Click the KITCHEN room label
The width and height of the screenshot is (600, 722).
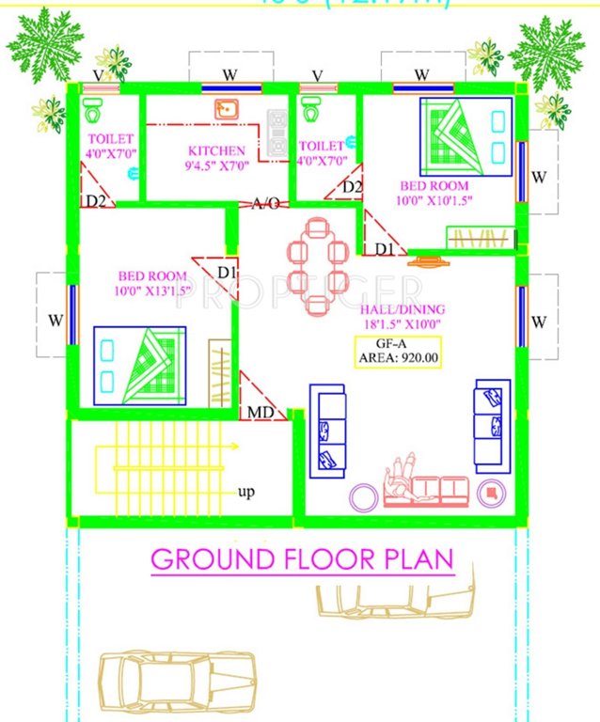(216, 150)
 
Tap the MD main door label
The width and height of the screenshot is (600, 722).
(261, 413)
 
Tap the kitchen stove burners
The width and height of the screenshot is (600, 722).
(276, 132)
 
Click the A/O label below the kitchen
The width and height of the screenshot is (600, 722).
(264, 204)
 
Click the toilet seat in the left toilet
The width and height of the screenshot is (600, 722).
(92, 111)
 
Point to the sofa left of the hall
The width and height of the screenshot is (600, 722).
(332, 429)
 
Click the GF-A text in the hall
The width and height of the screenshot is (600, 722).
(397, 341)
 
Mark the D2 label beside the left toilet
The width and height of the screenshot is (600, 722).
(95, 200)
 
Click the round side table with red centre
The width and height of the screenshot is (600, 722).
(490, 492)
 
